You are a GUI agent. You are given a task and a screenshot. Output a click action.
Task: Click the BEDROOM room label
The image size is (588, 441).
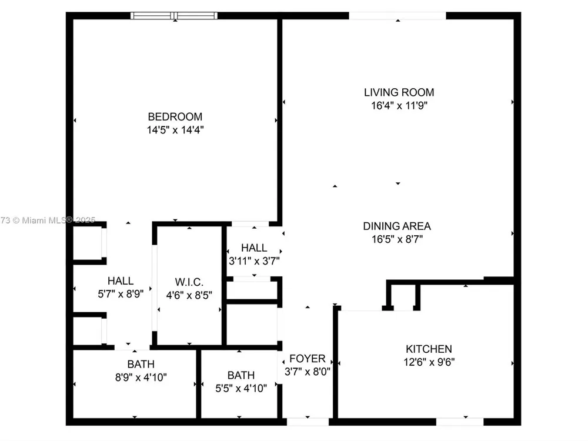click(175, 116)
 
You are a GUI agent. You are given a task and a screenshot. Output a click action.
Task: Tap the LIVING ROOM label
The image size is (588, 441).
click(399, 92)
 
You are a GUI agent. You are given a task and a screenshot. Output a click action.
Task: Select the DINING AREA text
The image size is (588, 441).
click(397, 226)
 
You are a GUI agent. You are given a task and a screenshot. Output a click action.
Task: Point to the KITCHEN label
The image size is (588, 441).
click(429, 349)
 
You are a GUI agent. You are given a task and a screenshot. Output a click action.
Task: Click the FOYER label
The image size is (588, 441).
click(307, 359)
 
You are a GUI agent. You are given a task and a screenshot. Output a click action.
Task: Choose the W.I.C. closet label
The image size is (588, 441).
click(189, 282)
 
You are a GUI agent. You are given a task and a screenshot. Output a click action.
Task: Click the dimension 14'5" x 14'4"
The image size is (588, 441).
click(175, 130)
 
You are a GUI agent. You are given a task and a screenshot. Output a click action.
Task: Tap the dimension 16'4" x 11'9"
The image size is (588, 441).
click(399, 106)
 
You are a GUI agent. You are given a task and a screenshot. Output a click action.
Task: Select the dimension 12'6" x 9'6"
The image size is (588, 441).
click(429, 362)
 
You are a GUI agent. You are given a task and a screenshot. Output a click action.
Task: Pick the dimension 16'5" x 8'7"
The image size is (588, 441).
click(397, 239)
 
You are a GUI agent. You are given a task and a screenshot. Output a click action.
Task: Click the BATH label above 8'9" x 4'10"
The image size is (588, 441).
click(141, 364)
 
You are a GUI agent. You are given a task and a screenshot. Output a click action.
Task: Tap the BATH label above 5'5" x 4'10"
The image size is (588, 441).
click(240, 375)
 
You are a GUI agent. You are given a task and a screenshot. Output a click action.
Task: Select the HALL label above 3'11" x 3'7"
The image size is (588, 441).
click(254, 248)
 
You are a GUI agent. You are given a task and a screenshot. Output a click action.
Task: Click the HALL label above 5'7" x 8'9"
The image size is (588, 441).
click(121, 281)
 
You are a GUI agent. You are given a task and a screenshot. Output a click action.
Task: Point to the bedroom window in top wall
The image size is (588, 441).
click(174, 16)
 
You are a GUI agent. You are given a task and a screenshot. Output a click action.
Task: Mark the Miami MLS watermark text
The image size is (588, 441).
click(48, 220)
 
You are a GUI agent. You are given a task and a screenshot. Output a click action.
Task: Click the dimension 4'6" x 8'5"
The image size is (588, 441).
click(189, 296)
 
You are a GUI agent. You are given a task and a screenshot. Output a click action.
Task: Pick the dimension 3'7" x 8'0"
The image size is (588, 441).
click(307, 372)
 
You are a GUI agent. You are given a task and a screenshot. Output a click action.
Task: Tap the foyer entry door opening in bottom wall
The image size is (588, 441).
click(308, 422)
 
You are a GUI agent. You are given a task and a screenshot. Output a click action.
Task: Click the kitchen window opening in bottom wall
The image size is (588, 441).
click(460, 422)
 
